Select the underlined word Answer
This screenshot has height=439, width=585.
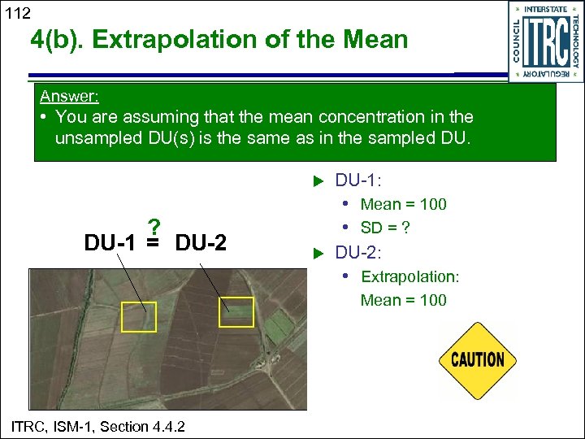(69, 96)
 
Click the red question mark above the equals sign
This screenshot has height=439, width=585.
(153, 227)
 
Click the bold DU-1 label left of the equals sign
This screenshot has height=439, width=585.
(110, 242)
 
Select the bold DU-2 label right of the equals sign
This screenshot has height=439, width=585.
(201, 242)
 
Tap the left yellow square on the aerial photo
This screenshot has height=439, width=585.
(138, 316)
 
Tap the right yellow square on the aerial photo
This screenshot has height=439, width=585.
(237, 312)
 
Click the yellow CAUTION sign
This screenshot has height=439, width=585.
(478, 359)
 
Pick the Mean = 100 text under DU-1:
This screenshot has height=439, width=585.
(404, 204)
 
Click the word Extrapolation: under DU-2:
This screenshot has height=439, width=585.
(409, 277)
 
